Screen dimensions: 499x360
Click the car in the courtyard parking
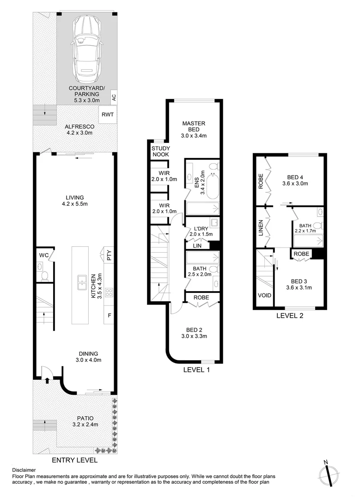[86, 47]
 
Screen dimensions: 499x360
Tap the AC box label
[113, 97]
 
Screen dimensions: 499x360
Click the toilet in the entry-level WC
[45, 276]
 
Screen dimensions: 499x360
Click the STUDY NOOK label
[160, 151]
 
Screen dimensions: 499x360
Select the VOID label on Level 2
[263, 297]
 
